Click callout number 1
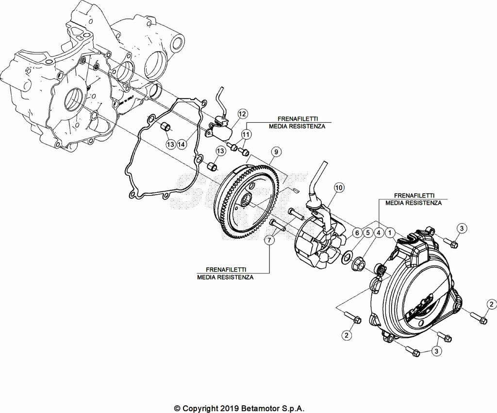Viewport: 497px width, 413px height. click(x=391, y=233)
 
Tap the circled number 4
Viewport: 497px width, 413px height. click(x=380, y=233)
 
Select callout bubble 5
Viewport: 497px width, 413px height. click(x=368, y=233)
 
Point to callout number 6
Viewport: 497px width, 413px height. click(x=357, y=233)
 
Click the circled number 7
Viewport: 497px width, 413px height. click(x=268, y=240)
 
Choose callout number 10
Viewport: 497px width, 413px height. click(x=338, y=187)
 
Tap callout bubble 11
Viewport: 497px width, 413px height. click(x=247, y=133)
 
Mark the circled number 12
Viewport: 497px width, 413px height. click(x=242, y=114)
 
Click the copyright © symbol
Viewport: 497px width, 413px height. click(x=177, y=409)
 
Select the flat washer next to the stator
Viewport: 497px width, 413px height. click(x=347, y=257)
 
